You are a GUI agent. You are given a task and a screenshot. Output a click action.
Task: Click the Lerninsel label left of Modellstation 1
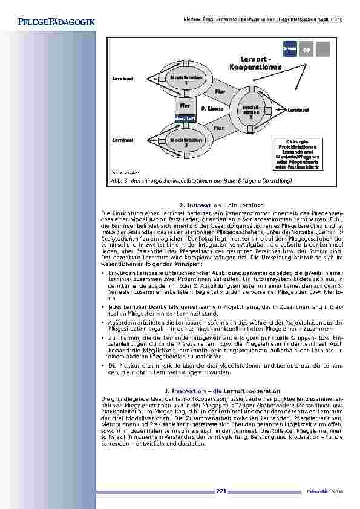pyautogui.click(x=123, y=79)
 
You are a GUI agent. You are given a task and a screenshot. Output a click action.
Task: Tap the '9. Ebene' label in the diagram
pyautogui.click(x=212, y=109)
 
